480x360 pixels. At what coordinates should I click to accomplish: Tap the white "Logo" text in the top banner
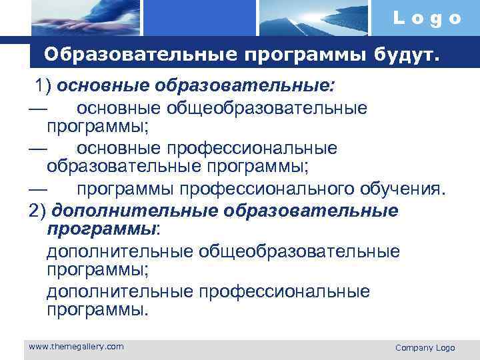(427, 18)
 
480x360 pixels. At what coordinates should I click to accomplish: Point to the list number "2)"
(38, 211)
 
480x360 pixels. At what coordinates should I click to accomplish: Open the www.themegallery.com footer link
(76, 346)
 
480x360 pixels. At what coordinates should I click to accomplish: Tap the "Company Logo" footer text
(425, 347)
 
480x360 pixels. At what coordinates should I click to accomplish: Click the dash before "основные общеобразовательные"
(39, 107)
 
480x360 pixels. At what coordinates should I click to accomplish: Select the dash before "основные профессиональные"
(39, 148)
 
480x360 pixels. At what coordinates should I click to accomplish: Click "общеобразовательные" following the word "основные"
(269, 107)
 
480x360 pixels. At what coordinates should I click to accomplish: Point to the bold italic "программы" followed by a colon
(101, 229)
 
